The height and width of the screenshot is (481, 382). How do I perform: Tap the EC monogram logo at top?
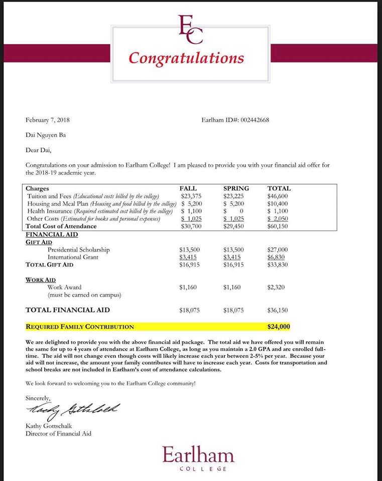coord(191,28)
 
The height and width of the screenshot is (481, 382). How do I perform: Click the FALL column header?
coord(188,188)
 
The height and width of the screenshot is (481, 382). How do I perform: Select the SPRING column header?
coord(235,188)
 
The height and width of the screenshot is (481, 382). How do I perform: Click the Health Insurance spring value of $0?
coord(233,211)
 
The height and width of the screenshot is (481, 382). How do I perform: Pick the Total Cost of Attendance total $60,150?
coord(278,226)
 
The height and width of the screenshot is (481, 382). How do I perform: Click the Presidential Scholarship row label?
coord(79,250)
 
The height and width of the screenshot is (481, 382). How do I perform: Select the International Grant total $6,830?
coord(277,257)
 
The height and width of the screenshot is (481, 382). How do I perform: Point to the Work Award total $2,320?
coord(277,287)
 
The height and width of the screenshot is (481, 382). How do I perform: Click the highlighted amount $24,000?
coord(279,327)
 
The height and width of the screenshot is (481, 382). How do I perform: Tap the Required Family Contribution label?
coord(80,327)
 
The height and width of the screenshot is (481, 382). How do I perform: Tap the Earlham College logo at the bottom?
coord(198,458)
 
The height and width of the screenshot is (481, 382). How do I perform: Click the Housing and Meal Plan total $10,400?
coord(278,204)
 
